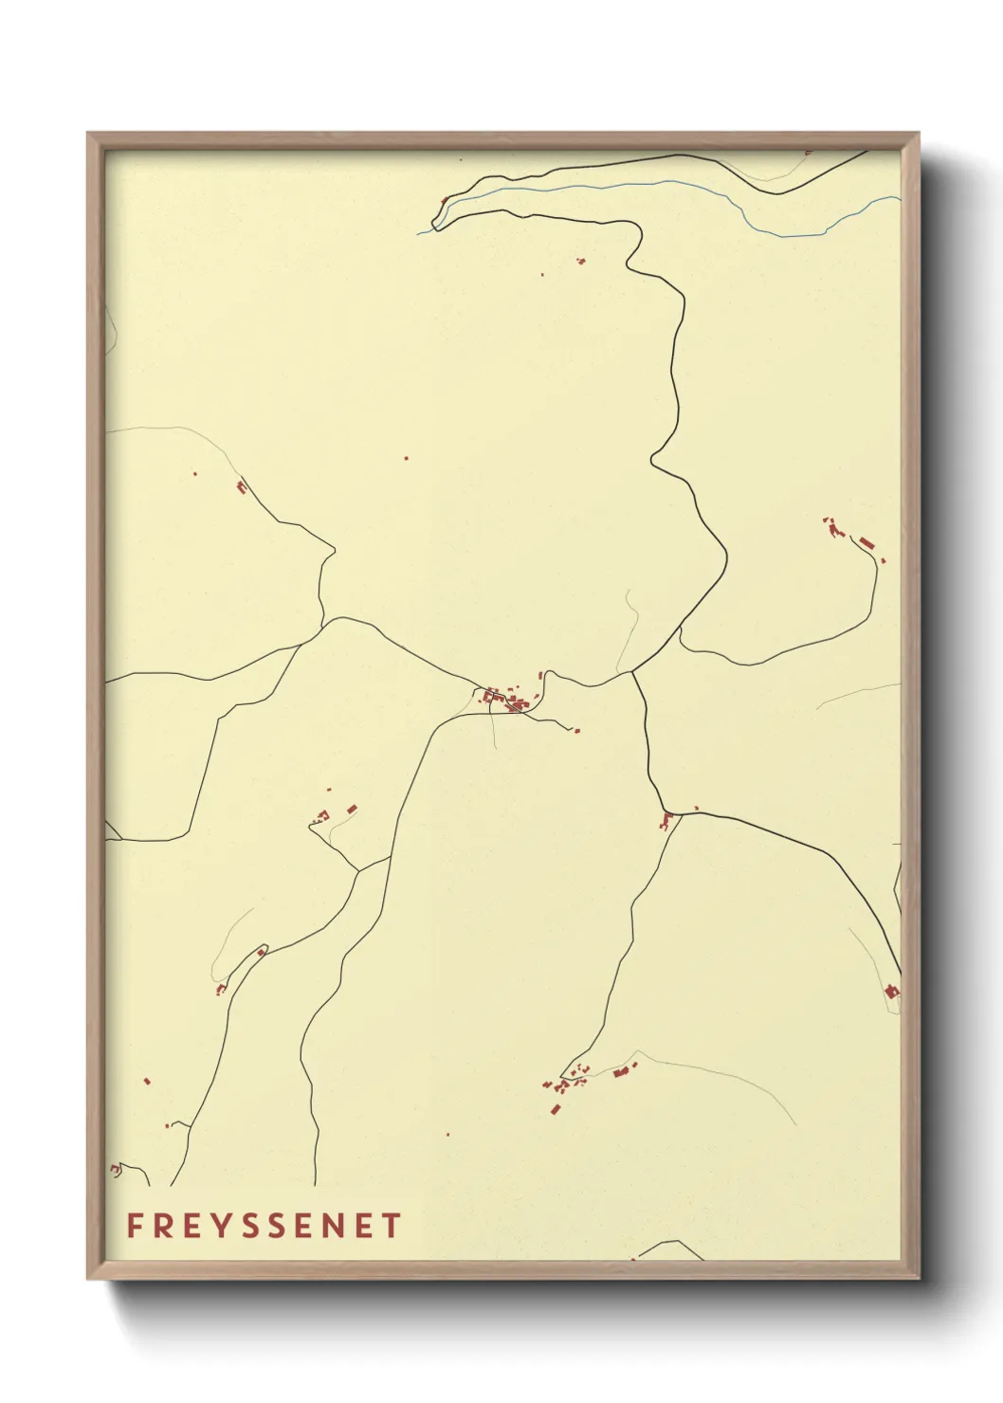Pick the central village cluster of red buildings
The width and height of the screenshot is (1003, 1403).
tap(508, 701)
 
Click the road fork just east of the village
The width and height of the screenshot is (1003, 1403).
tap(633, 673)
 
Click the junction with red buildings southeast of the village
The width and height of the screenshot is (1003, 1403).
tap(668, 817)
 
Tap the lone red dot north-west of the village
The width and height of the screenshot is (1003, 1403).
tap(407, 459)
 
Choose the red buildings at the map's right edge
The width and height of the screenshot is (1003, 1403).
tap(891, 992)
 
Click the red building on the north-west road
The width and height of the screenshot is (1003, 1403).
tap(241, 487)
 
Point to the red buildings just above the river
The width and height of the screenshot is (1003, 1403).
tap(581, 261)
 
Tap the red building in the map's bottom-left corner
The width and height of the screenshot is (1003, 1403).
tap(116, 1171)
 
